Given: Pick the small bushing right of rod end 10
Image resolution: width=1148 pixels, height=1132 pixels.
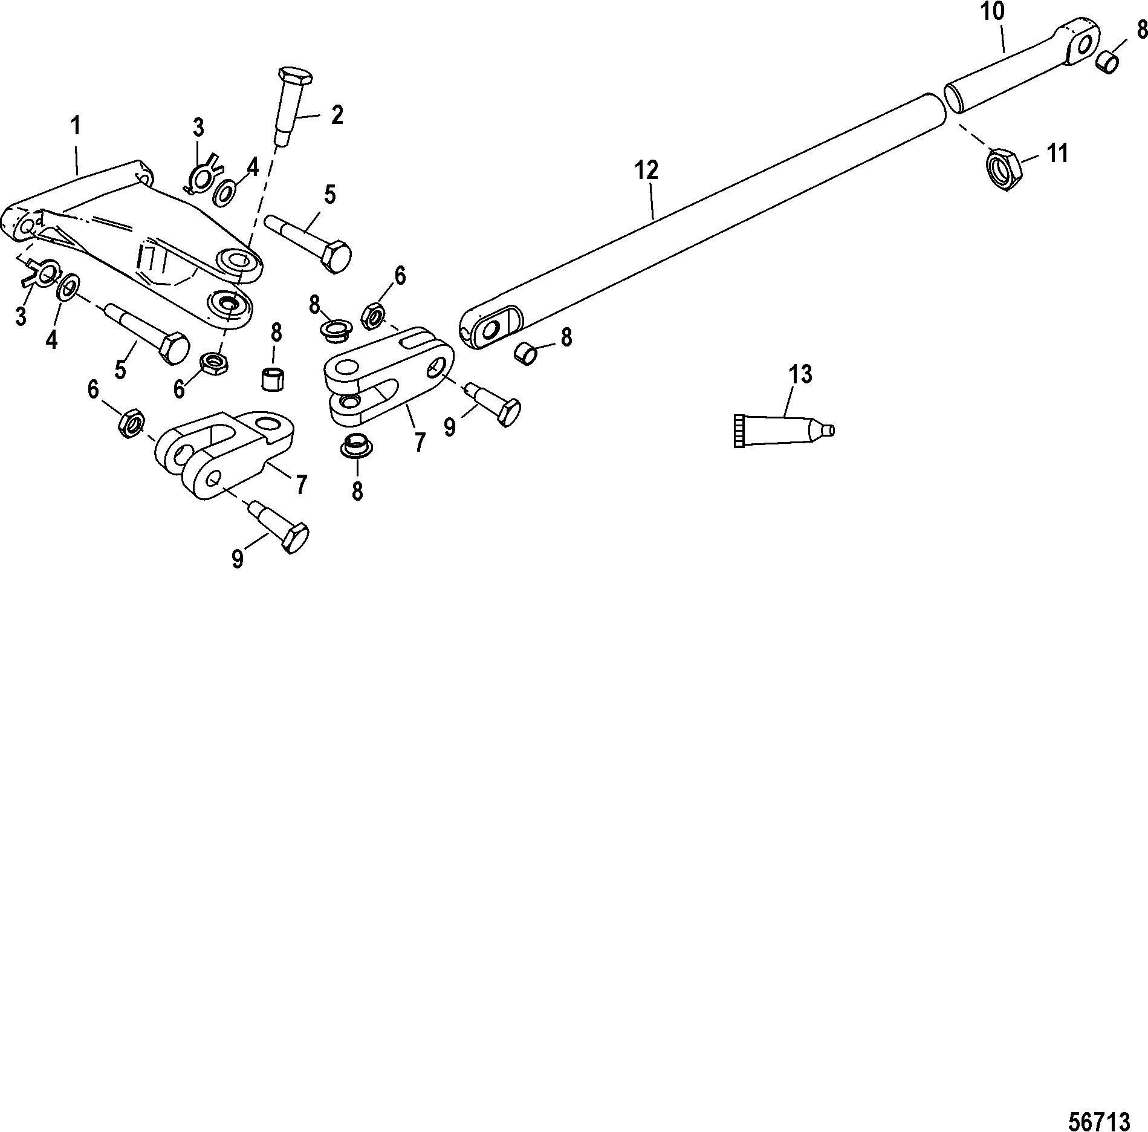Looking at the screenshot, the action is tap(1107, 62).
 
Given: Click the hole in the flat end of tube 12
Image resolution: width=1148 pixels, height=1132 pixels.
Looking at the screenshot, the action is tap(490, 330).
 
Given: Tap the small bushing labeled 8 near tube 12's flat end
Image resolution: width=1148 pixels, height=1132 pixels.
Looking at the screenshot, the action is tap(524, 353).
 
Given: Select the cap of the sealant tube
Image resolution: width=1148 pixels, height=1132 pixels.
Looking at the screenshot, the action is tap(738, 431).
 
